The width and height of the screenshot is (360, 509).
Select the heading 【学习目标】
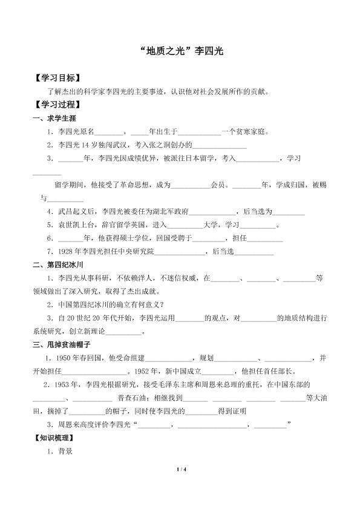point(57,79)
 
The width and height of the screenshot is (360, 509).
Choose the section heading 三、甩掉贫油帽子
point(62,344)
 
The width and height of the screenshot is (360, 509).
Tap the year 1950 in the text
point(68,358)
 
